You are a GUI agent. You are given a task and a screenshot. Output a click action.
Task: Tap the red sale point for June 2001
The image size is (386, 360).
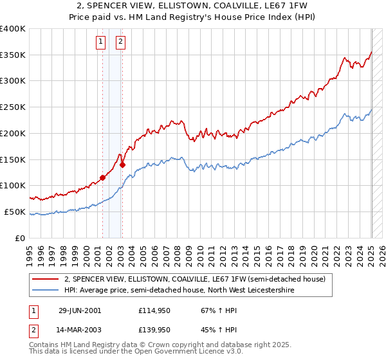coord(103,177)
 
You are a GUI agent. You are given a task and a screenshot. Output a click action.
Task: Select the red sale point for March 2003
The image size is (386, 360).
coord(122,165)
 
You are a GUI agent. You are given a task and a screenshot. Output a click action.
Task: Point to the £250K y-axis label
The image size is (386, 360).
coord(13,107)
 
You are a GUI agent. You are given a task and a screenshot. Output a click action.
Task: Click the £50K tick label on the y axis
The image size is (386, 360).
coord(15,212)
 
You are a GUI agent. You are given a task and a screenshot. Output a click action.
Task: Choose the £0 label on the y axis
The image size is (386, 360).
coord(21,238)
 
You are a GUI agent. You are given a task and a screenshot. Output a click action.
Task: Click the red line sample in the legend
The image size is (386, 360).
coord(46,280)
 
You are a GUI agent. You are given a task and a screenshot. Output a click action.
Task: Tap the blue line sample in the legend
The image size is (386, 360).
coord(46,290)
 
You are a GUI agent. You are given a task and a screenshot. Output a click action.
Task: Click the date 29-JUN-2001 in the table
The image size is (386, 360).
coord(80,310)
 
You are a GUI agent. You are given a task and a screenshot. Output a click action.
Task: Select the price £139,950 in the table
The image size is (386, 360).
coord(154,330)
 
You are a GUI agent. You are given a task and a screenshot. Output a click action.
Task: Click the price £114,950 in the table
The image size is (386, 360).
coord(154,310)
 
